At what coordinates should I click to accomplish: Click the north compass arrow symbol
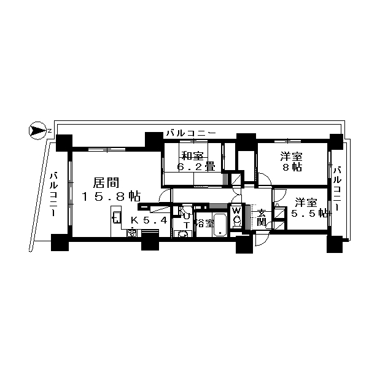point(37,131)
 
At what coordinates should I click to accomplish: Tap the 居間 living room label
point(106,183)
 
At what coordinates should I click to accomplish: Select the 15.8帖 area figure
point(111,196)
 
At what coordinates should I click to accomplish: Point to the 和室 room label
point(192,156)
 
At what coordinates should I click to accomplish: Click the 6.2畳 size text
point(196,166)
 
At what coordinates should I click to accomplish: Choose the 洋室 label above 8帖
point(291,157)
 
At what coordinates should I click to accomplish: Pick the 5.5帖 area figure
point(309,213)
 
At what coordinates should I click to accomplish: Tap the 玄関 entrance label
point(261,217)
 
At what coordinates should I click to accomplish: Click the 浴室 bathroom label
point(205,223)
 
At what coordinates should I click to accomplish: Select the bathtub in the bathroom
point(220,225)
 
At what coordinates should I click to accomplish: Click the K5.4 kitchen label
point(149,220)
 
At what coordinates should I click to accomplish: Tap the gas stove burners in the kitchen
point(132,233)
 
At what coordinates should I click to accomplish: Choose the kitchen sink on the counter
point(117,217)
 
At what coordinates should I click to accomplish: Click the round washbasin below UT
point(182,234)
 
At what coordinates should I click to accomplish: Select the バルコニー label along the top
point(192,133)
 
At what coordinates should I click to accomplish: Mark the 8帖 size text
point(292,168)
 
